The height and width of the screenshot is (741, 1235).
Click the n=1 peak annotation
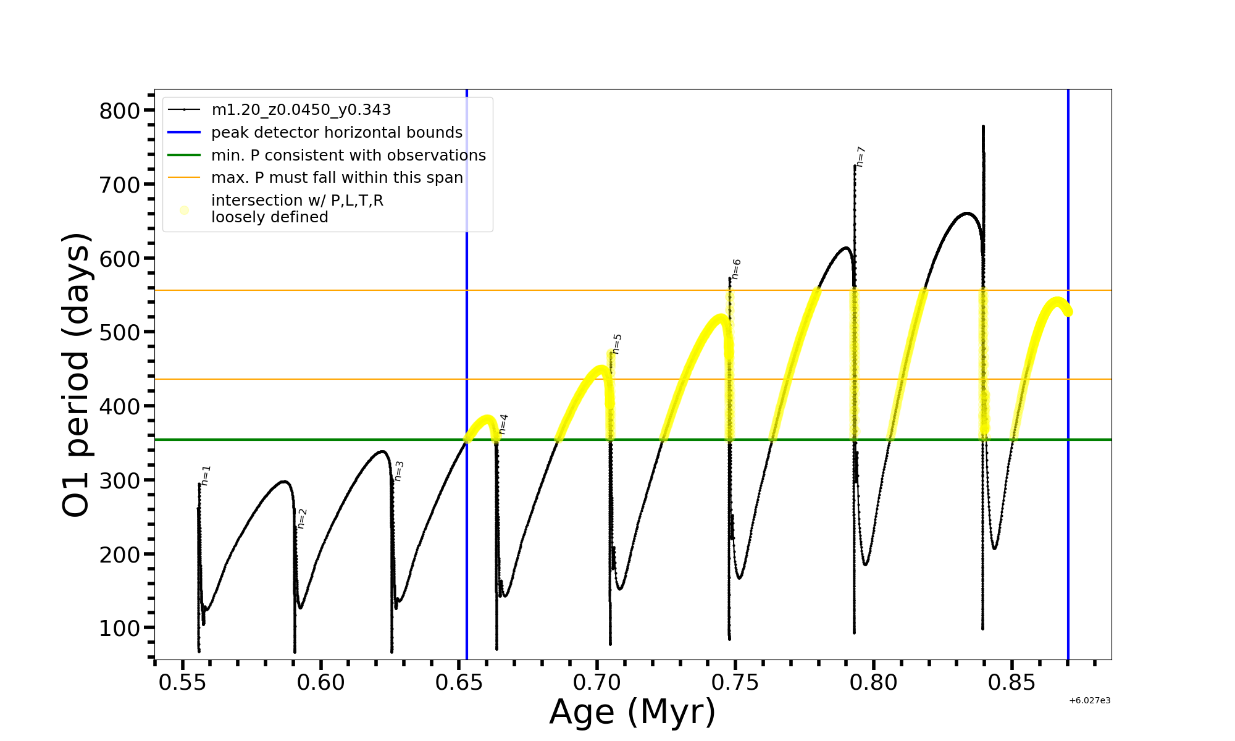(206, 475)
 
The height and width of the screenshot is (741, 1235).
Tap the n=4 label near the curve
(503, 424)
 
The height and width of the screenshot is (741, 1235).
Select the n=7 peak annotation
(861, 157)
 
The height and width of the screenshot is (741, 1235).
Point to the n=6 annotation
(736, 269)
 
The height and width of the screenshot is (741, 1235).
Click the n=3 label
(399, 471)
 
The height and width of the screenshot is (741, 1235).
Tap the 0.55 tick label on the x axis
(183, 682)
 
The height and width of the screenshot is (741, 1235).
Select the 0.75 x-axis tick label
(735, 682)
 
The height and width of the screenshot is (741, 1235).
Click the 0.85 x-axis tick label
(1011, 682)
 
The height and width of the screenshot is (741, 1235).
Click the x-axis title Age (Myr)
(632, 712)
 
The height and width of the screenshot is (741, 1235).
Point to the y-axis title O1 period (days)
(77, 375)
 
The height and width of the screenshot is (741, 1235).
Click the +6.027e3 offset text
(1090, 700)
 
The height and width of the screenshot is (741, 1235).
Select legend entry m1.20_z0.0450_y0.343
(301, 110)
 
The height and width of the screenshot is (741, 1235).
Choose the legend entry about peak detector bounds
(337, 133)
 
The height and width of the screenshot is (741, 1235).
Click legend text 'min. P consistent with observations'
(348, 155)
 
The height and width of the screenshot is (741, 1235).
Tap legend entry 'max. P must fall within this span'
(337, 178)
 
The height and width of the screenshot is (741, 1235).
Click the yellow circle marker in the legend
(184, 210)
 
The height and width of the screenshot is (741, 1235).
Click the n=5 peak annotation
(617, 344)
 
